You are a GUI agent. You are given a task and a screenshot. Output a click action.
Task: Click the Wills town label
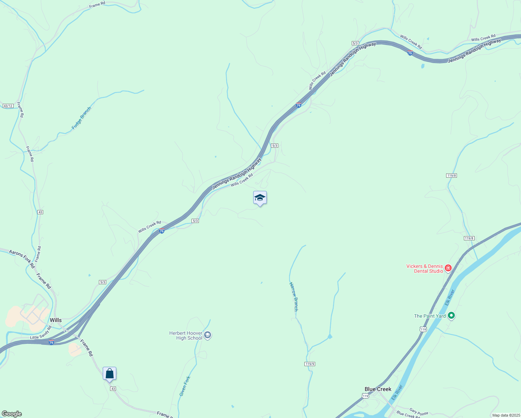(x=56, y=320)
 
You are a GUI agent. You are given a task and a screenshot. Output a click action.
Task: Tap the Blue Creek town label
(x=378, y=389)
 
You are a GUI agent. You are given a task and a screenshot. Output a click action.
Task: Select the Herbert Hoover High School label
(x=186, y=335)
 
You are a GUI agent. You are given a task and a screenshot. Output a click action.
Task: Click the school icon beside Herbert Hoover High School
(x=208, y=335)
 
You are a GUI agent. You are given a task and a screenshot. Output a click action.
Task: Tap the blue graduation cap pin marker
(x=260, y=198)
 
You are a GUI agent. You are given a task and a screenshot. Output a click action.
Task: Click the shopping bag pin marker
(x=109, y=374)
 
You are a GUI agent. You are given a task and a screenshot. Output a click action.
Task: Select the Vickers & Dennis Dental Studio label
(x=425, y=269)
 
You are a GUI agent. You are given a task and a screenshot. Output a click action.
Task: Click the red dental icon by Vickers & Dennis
(x=448, y=268)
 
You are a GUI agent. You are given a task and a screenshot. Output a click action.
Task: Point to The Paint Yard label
(x=430, y=316)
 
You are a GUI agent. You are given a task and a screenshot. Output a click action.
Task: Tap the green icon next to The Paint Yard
(x=451, y=316)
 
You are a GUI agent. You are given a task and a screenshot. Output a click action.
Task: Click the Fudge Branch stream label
(x=81, y=118)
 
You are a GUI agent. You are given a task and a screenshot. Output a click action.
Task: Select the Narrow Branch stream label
(x=294, y=296)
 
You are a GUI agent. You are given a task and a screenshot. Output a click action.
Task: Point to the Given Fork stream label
(x=185, y=386)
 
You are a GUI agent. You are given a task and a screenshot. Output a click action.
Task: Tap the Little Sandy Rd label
(x=41, y=333)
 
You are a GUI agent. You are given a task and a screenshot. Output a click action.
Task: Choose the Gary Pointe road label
(x=419, y=412)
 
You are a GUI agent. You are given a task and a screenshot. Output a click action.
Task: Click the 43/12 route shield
(x=8, y=106)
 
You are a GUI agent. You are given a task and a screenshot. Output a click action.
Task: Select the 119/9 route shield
(x=310, y=364)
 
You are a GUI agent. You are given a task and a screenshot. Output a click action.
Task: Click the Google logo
(x=12, y=414)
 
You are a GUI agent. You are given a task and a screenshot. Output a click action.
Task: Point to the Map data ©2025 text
(x=506, y=415)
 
